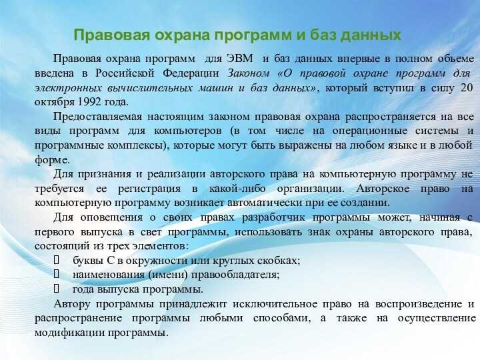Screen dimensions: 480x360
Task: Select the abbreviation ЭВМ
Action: click(x=240, y=59)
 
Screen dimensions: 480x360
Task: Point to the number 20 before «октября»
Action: click(x=466, y=88)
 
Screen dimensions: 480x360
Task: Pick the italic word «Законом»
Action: click(x=249, y=73)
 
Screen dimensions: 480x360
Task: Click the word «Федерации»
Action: click(x=191, y=73)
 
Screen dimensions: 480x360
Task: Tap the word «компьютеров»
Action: click(x=187, y=131)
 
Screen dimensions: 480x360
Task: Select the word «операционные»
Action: click(x=370, y=131)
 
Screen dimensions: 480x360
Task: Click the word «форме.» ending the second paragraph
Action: click(x=52, y=159)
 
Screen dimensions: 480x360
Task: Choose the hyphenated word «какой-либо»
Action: click(x=237, y=188)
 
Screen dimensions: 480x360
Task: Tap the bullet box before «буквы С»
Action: click(x=56, y=260)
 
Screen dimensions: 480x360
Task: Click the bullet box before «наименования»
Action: click(x=56, y=274)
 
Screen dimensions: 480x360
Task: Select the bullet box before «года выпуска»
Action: click(x=56, y=289)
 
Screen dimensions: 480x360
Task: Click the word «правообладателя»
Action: click(x=235, y=275)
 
